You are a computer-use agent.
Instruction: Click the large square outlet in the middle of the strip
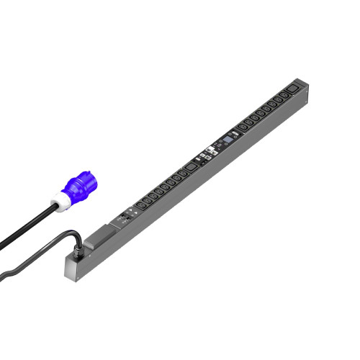(x=189, y=167)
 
